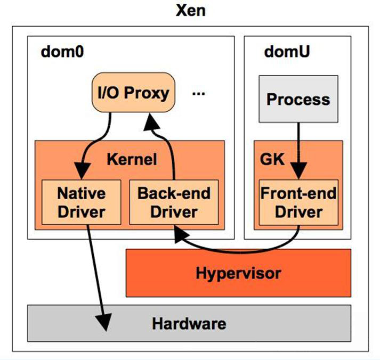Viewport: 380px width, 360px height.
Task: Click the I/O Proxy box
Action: pyautogui.click(x=133, y=93)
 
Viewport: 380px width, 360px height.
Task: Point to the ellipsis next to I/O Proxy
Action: pyautogui.click(x=198, y=94)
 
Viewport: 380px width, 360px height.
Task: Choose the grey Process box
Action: pyautogui.click(x=298, y=99)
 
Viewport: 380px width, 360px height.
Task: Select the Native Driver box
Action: pyautogui.click(x=81, y=202)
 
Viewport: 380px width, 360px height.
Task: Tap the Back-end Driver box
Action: pyautogui.click(x=174, y=202)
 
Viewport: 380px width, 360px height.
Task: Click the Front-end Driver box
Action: pyautogui.click(x=298, y=202)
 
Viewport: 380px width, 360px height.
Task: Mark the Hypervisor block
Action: pyautogui.click(x=238, y=274)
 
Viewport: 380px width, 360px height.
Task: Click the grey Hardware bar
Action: pyautogui.click(x=189, y=323)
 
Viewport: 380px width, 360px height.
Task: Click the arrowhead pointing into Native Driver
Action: pyautogui.click(x=82, y=173)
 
